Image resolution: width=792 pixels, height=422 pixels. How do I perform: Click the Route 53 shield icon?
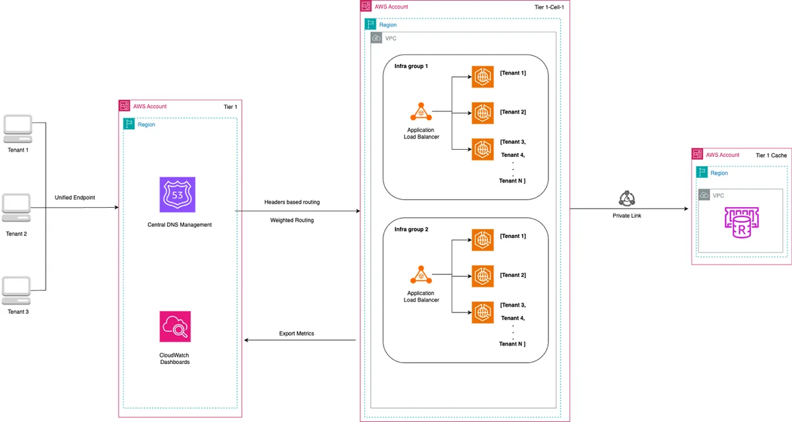(177, 195)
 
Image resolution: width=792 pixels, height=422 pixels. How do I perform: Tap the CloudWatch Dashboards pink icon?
(175, 326)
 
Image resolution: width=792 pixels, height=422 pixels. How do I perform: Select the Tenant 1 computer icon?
(18, 129)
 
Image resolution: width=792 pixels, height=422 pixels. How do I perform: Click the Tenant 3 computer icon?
(16, 290)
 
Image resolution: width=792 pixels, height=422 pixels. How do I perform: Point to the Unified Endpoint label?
(75, 197)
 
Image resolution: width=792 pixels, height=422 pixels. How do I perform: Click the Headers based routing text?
(292, 202)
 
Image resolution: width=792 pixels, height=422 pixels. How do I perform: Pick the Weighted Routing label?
(292, 220)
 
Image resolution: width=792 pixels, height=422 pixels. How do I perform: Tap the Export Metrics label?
(296, 334)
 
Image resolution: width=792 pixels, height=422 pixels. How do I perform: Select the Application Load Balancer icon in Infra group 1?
(421, 111)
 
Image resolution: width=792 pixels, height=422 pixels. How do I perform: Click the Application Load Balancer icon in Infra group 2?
(421, 275)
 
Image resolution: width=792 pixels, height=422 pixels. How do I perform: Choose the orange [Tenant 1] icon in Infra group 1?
(482, 76)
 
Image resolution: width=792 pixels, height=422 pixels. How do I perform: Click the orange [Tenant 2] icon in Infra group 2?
(482, 276)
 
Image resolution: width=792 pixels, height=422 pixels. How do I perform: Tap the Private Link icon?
(627, 198)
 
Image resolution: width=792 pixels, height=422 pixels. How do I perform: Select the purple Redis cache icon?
(741, 222)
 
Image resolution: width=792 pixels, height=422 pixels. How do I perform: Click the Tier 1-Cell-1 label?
(549, 7)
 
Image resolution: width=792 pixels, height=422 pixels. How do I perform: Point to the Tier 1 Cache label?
(771, 156)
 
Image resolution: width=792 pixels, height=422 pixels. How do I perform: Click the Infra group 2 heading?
(411, 229)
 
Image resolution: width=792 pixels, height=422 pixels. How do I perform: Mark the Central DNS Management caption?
(180, 225)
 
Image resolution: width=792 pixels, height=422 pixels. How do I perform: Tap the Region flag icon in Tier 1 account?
(129, 124)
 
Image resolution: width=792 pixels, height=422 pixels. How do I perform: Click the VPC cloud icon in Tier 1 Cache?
(704, 195)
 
